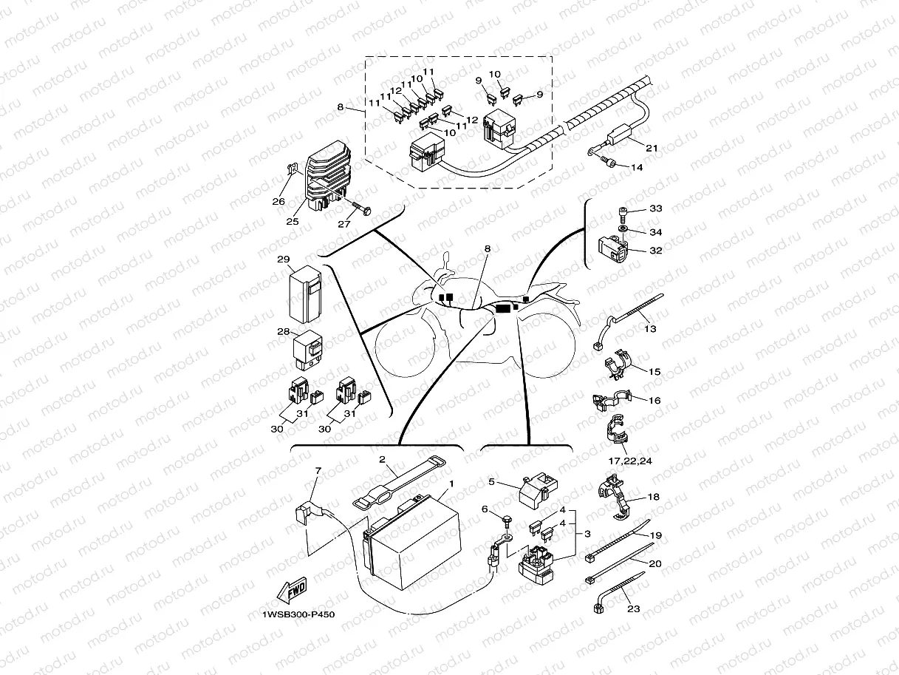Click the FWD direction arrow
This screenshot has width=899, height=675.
tap(290, 592)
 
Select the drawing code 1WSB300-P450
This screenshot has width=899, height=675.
tap(293, 614)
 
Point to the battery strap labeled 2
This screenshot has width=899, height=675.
tap(399, 483)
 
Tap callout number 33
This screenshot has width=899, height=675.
tap(655, 208)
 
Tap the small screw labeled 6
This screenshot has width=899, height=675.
tap(507, 520)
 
